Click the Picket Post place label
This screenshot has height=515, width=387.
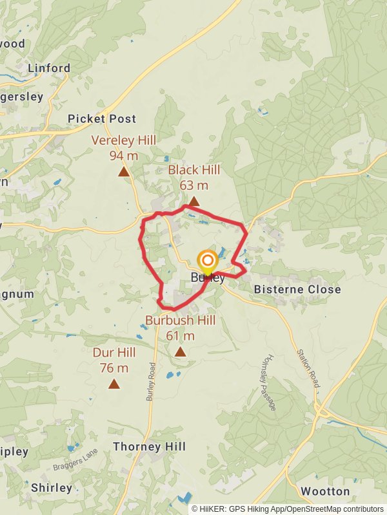click(x=102, y=118)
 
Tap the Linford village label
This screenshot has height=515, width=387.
click(x=49, y=68)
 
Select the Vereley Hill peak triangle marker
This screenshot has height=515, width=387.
click(x=124, y=172)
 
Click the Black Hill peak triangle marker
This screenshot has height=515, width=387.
click(x=193, y=201)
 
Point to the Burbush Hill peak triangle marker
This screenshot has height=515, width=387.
click(x=180, y=351)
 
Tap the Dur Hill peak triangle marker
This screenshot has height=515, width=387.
click(x=114, y=384)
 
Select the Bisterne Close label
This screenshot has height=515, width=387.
click(x=297, y=290)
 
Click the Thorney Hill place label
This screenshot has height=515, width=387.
click(x=149, y=446)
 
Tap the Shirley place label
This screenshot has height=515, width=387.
click(x=52, y=487)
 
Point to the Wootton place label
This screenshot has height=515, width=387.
click(x=325, y=491)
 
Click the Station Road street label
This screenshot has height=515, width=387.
click(x=309, y=368)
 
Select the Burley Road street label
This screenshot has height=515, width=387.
click(x=152, y=384)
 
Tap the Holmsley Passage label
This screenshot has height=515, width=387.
click(x=270, y=383)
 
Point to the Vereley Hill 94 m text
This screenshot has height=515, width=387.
click(x=124, y=147)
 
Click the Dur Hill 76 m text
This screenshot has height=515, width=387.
click(x=114, y=360)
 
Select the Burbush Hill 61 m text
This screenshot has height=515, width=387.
click(x=180, y=328)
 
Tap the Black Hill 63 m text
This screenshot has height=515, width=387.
click(x=193, y=177)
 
